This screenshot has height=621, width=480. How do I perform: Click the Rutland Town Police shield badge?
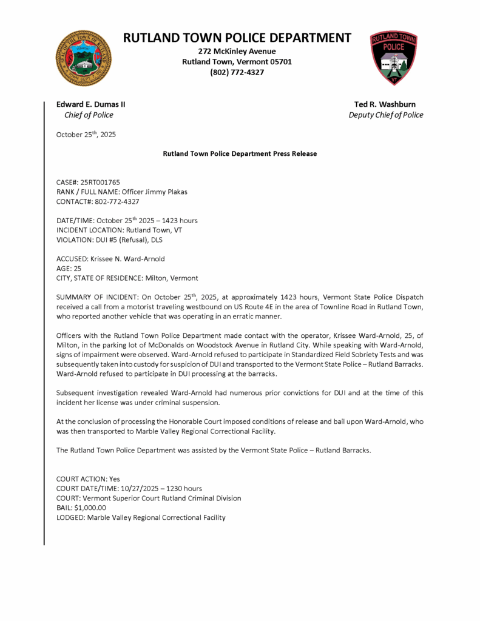pyautogui.click(x=394, y=58)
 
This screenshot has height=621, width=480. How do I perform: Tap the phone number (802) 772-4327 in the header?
pyautogui.click(x=237, y=72)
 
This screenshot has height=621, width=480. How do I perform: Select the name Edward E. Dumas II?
pyautogui.click(x=91, y=104)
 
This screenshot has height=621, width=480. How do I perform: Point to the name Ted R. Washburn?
pyautogui.click(x=385, y=104)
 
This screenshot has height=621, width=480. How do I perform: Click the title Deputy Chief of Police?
pyautogui.click(x=386, y=115)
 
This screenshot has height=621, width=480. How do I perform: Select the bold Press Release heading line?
pyautogui.click(x=240, y=153)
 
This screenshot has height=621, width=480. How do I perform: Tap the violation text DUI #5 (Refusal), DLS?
pyautogui.click(x=137, y=240)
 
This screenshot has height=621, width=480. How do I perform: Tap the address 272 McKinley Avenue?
pyautogui.click(x=237, y=51)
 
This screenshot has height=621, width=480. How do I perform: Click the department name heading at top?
pyautogui.click(x=237, y=38)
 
